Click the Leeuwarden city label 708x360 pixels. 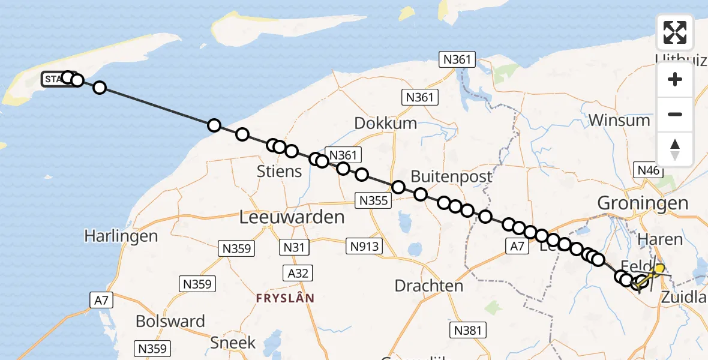292,217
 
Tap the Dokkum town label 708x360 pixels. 386,123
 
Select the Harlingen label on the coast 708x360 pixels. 121,236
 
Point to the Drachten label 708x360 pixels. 428,286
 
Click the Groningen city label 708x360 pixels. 643,203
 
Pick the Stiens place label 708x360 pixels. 280,172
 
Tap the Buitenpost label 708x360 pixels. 451,176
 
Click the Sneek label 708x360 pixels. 233,343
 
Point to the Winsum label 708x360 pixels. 619,120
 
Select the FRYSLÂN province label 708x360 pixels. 285,298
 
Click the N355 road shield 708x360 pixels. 373,201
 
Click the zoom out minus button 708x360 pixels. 675,114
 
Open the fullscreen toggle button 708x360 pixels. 675,32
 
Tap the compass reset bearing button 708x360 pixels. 675,149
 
